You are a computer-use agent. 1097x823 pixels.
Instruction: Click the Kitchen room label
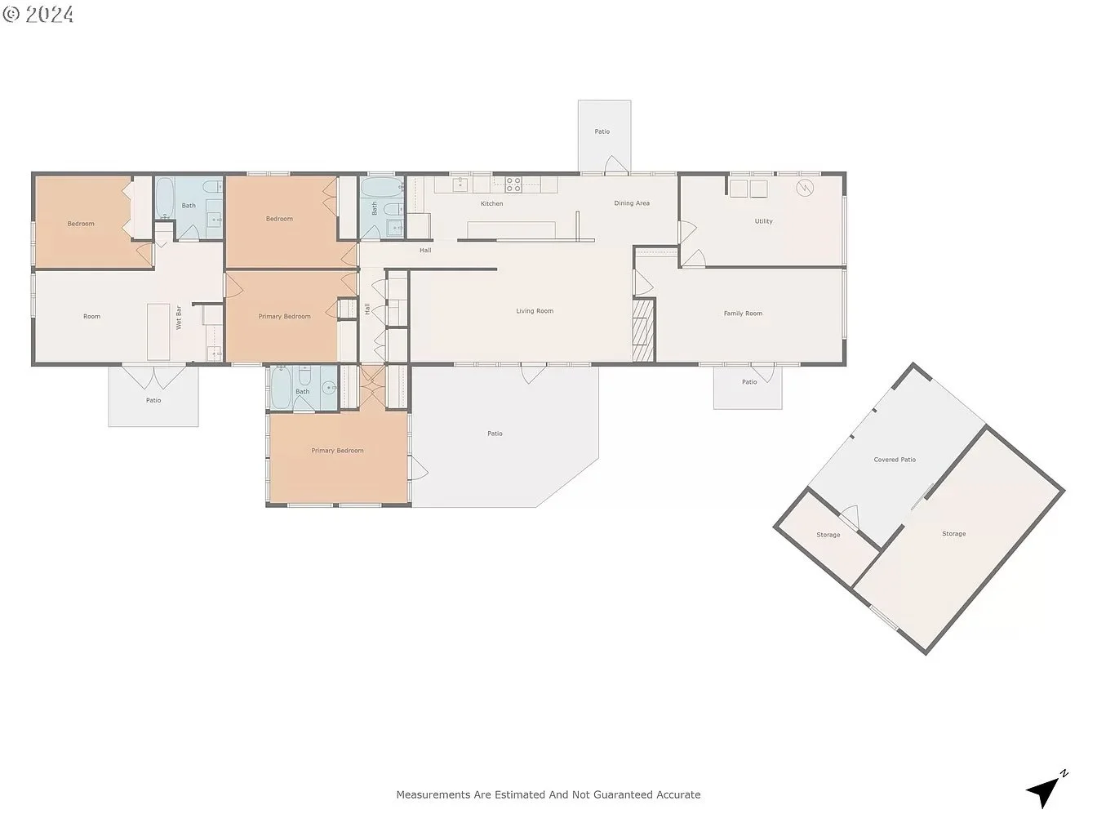click(x=491, y=203)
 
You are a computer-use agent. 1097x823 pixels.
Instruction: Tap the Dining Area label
click(x=632, y=202)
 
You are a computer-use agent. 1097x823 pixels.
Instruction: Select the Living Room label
click(x=535, y=311)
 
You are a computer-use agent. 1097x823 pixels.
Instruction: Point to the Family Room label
click(x=743, y=314)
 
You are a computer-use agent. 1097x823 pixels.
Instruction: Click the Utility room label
click(x=764, y=221)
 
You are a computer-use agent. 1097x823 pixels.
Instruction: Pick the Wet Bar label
click(x=179, y=318)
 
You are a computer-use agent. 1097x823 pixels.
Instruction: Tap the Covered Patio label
click(x=895, y=459)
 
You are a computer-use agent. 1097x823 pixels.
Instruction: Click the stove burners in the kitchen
click(x=513, y=185)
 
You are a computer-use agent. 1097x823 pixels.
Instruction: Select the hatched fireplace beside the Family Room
click(x=644, y=330)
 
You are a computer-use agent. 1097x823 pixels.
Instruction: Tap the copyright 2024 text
click(x=38, y=14)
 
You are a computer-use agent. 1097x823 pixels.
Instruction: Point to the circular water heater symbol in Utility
click(x=805, y=188)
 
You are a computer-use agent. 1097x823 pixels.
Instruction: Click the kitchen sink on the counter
click(x=460, y=185)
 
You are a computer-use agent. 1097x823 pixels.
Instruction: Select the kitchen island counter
click(x=511, y=229)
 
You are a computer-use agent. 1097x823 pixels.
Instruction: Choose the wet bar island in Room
click(x=158, y=331)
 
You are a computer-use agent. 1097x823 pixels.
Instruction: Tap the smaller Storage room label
click(x=828, y=535)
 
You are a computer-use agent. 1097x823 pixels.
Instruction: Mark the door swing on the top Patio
click(x=616, y=164)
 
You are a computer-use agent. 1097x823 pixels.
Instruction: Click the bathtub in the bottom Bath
click(x=281, y=389)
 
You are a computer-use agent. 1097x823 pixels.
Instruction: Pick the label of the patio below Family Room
click(x=749, y=382)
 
